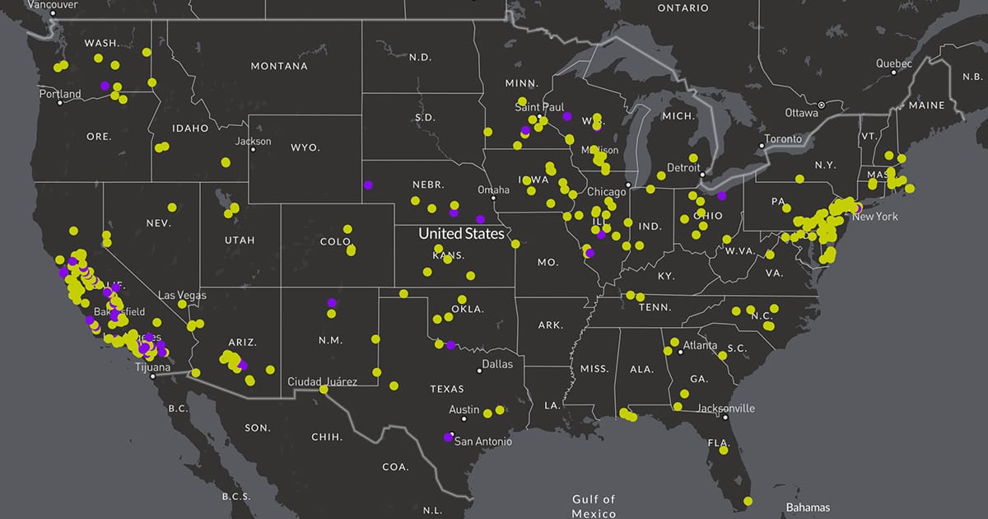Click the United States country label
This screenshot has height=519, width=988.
click(x=461, y=234)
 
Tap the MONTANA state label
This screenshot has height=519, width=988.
click(x=279, y=66)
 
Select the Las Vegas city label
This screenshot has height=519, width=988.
click(x=182, y=295)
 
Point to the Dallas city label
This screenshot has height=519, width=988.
click(x=497, y=363)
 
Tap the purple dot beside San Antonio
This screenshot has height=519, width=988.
click(x=448, y=437)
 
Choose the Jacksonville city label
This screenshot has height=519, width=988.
click(x=725, y=408)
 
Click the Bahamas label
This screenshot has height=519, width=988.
click(x=808, y=507)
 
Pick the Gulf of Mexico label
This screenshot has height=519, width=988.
click(x=594, y=507)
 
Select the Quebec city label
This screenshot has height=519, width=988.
click(x=893, y=63)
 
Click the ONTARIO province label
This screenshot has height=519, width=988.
click(x=683, y=7)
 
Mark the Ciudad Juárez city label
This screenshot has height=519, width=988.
click(x=322, y=381)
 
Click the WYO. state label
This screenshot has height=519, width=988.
click(x=304, y=148)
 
